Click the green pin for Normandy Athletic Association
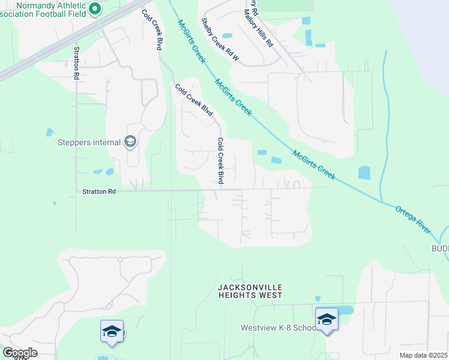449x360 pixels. click(94, 9)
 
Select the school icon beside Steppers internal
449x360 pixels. click(130, 142)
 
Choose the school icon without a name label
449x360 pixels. click(112, 331)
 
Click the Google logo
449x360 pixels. click(20, 353)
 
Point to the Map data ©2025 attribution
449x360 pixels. click(423, 355)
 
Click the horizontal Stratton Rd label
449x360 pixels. click(98, 191)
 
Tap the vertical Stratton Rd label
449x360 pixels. click(76, 63)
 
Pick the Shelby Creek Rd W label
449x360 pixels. click(220, 40)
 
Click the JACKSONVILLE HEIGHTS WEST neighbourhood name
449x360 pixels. click(249, 292)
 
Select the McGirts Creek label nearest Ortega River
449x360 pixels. click(313, 164)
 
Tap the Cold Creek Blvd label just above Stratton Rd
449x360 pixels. click(221, 161)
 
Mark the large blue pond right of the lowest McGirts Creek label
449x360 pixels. click(364, 173)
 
